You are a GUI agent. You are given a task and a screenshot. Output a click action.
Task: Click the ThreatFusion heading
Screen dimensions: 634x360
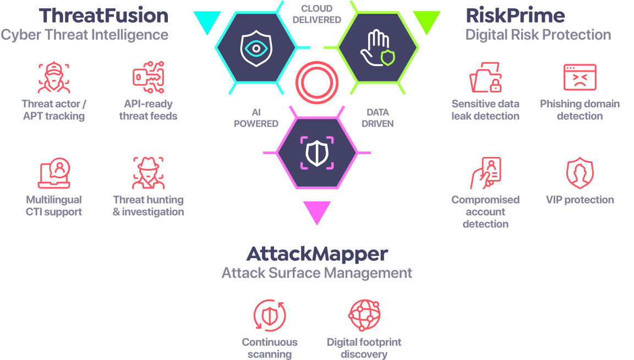click(x=104, y=15)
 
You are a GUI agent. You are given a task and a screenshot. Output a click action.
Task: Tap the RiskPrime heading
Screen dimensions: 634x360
click(x=515, y=15)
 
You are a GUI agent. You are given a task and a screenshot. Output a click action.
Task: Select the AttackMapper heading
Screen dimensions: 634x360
click(x=316, y=254)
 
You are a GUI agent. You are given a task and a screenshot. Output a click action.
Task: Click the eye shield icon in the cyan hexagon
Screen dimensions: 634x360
click(x=256, y=48)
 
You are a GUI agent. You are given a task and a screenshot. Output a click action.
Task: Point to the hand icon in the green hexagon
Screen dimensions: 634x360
click(x=376, y=49)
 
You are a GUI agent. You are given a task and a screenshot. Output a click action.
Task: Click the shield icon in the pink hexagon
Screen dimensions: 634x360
click(x=316, y=152)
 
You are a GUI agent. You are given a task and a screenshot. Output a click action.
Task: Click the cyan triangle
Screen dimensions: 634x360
click(x=207, y=21)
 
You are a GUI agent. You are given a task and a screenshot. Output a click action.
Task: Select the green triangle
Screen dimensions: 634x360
click(x=426, y=21)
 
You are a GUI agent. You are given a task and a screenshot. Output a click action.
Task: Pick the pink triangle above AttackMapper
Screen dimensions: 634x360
click(x=317, y=212)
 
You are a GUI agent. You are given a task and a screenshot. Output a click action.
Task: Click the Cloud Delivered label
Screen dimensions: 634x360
click(x=316, y=14)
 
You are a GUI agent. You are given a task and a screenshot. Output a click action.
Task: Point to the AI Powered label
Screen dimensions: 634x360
click(x=256, y=118)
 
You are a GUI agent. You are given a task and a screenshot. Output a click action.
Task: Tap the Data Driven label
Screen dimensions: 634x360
click(x=378, y=118)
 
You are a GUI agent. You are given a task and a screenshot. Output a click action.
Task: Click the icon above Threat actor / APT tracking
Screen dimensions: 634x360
click(x=54, y=78)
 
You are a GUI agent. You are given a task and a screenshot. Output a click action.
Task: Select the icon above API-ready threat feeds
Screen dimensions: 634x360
click(x=149, y=78)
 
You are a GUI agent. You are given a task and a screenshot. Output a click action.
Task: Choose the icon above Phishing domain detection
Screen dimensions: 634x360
click(x=580, y=78)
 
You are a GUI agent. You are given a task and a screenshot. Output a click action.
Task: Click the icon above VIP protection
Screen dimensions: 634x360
click(x=580, y=173)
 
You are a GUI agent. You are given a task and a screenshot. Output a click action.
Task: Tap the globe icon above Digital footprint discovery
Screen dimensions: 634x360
click(x=364, y=315)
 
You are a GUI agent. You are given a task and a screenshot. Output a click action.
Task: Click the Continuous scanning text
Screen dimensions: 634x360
click(x=270, y=348)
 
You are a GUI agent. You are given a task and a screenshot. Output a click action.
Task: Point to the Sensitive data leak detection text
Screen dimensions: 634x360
click(x=485, y=110)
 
